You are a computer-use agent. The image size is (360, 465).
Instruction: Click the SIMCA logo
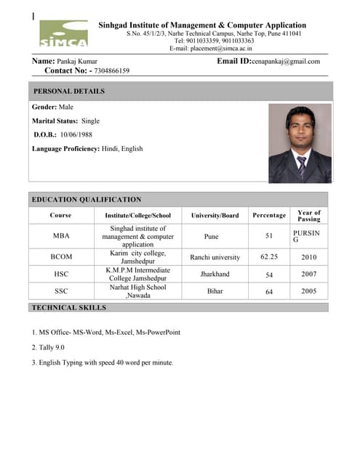pyautogui.click(x=63, y=34)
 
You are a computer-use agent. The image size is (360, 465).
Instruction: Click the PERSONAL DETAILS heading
pyautogui.click(x=69, y=92)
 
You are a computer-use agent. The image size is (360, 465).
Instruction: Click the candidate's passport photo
pyautogui.click(x=300, y=143)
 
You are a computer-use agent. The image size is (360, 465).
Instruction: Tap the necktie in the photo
pyautogui.click(x=301, y=166)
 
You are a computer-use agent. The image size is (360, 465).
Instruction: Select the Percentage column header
pyautogui.click(x=269, y=216)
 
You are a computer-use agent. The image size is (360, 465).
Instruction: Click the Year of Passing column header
pyautogui.click(x=309, y=216)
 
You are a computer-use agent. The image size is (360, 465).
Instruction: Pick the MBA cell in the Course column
pyautogui.click(x=61, y=236)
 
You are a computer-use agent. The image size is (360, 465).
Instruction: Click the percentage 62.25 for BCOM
pyautogui.click(x=269, y=257)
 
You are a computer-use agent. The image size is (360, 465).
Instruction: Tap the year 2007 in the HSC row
pyautogui.click(x=309, y=275)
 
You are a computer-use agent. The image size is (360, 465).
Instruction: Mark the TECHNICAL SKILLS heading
pyautogui.click(x=69, y=308)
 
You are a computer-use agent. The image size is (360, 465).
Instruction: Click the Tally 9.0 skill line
pyautogui.click(x=48, y=347)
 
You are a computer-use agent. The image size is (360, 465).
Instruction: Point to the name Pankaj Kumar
pyautogui.click(x=78, y=62)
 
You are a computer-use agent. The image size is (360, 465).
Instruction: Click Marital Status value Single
pyautogui.click(x=91, y=121)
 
